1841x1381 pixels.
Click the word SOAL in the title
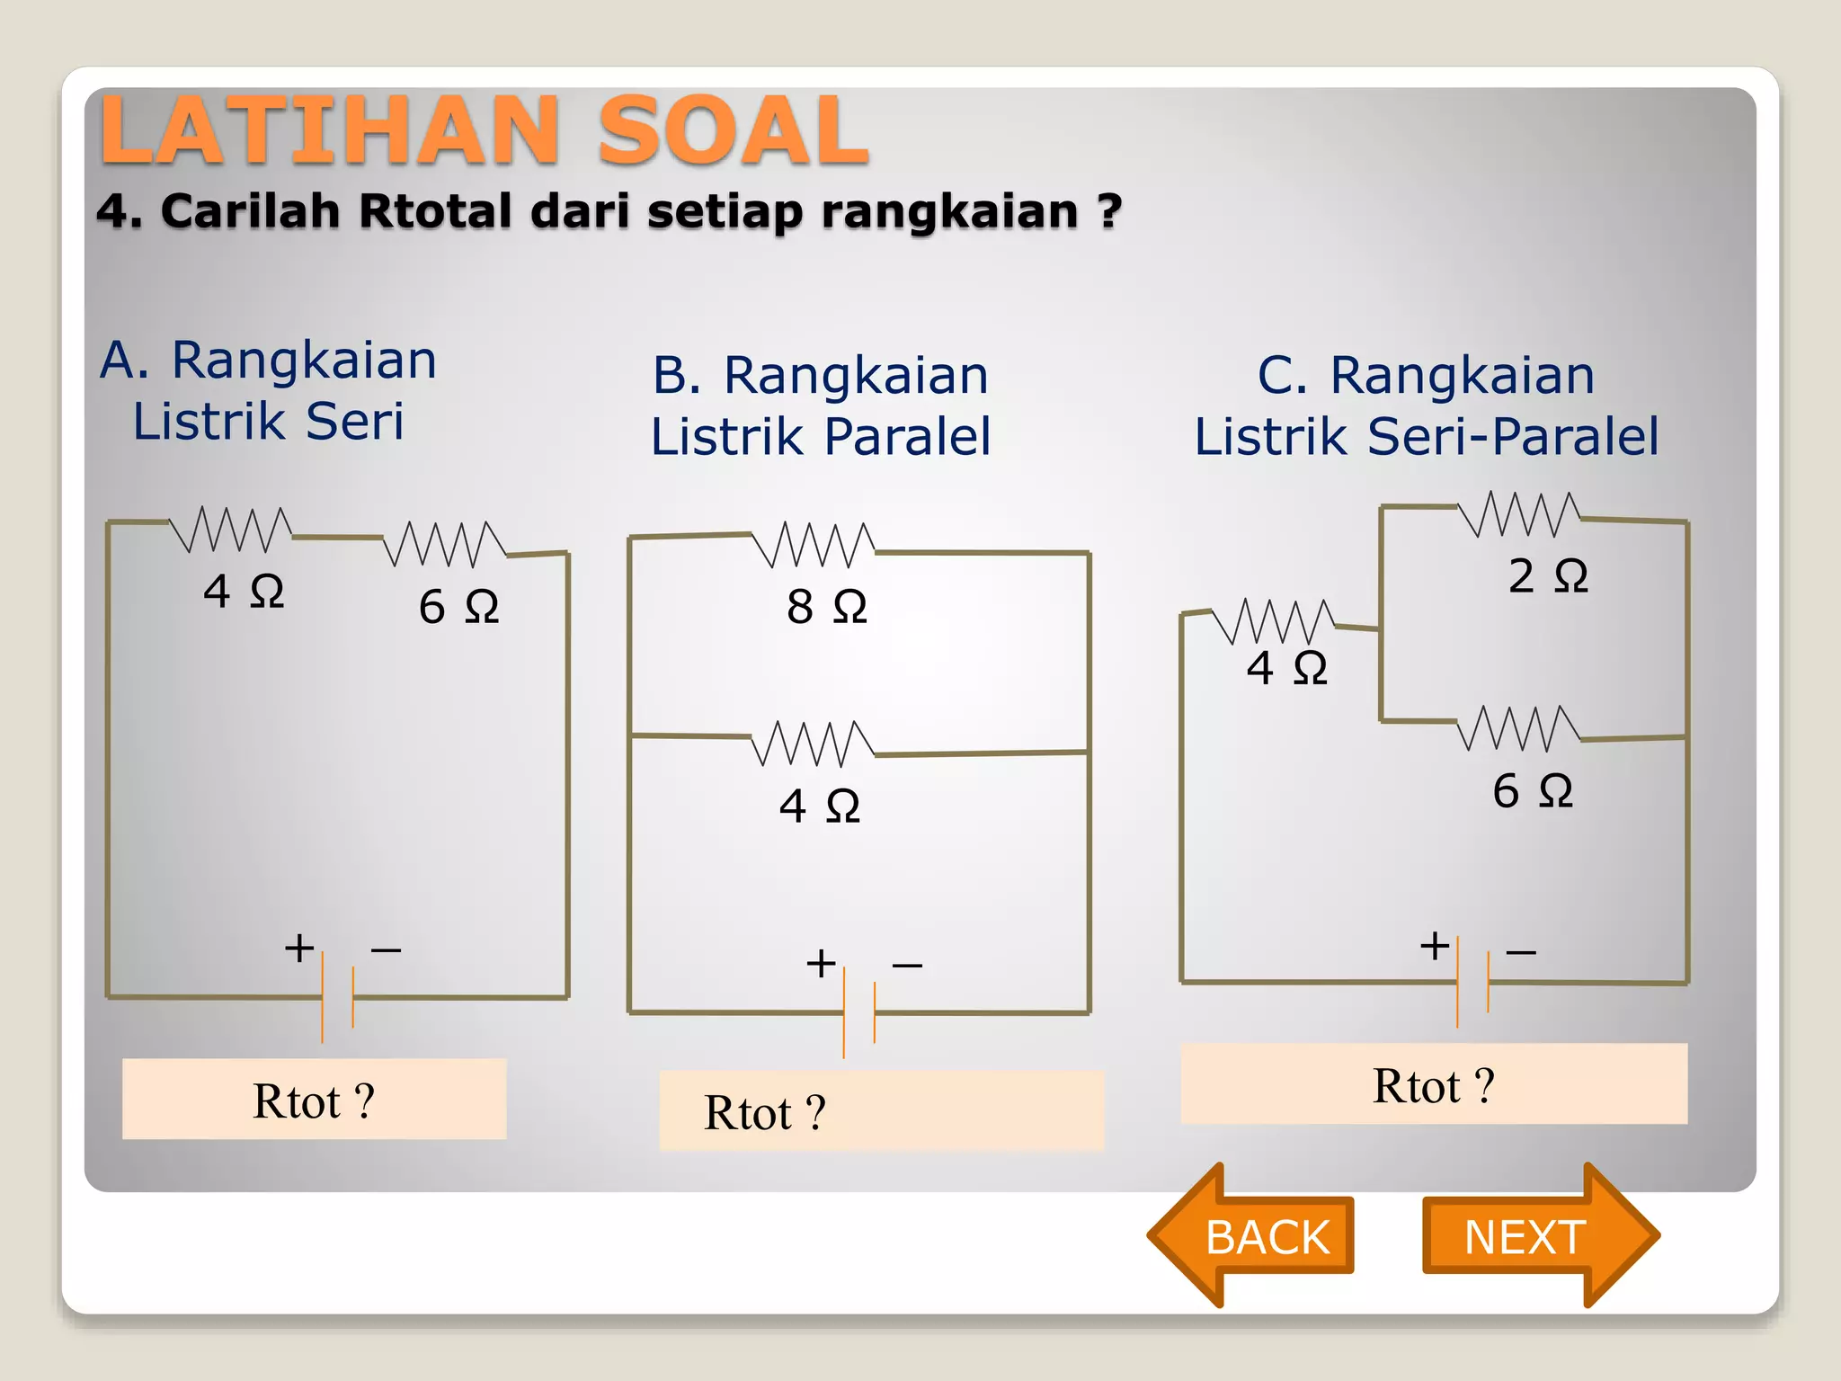(x=733, y=132)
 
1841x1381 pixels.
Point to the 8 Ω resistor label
(x=826, y=607)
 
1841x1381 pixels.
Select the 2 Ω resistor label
(x=1547, y=576)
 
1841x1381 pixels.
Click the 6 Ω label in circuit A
(x=458, y=607)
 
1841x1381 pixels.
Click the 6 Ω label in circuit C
(x=1533, y=792)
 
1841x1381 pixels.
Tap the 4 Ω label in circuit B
(x=819, y=806)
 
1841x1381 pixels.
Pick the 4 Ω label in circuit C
(x=1286, y=669)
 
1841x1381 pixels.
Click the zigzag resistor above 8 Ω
(x=813, y=545)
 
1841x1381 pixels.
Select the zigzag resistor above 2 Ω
(x=1518, y=514)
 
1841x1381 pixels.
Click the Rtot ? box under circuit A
(x=314, y=1100)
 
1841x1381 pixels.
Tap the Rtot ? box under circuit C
(x=1434, y=1084)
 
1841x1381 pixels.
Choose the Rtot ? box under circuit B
(x=881, y=1111)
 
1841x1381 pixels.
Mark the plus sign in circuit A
(x=299, y=949)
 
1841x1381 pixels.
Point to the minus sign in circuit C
(x=1521, y=951)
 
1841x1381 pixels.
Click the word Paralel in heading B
(x=907, y=437)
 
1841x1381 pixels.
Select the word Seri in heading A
(x=355, y=422)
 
